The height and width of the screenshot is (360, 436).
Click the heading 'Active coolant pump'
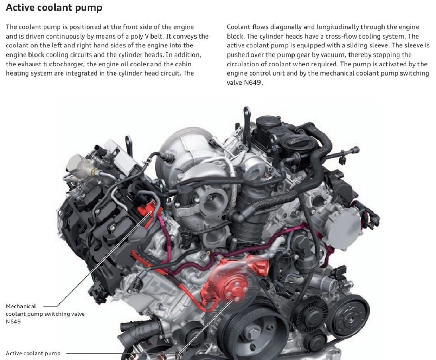point(54,7)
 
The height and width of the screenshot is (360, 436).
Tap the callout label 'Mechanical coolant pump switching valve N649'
point(45,314)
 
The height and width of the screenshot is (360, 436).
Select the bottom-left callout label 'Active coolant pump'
point(33,353)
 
